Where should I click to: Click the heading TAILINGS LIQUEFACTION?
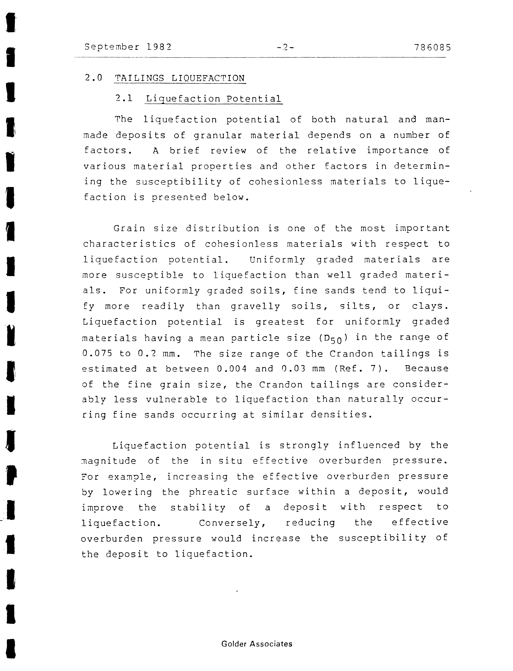pyautogui.click(x=180, y=78)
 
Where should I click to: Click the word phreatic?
pyautogui.click(x=213, y=492)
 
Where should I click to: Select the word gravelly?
pyautogui.click(x=255, y=306)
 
